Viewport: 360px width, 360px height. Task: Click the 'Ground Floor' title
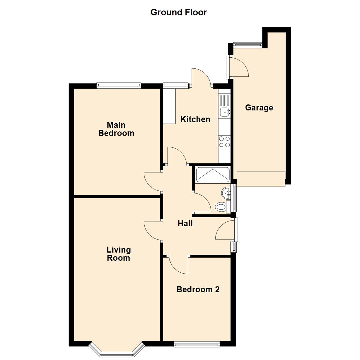(179, 12)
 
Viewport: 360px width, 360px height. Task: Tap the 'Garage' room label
(259, 108)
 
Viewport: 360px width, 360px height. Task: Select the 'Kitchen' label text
(195, 119)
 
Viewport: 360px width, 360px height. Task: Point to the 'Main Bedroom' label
(116, 129)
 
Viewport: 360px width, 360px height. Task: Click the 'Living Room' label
(118, 253)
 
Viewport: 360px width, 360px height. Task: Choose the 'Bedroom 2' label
(198, 289)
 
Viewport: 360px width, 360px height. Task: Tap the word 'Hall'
(185, 223)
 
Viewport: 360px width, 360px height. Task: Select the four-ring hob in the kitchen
(224, 142)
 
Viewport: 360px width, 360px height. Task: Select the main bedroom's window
(119, 86)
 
